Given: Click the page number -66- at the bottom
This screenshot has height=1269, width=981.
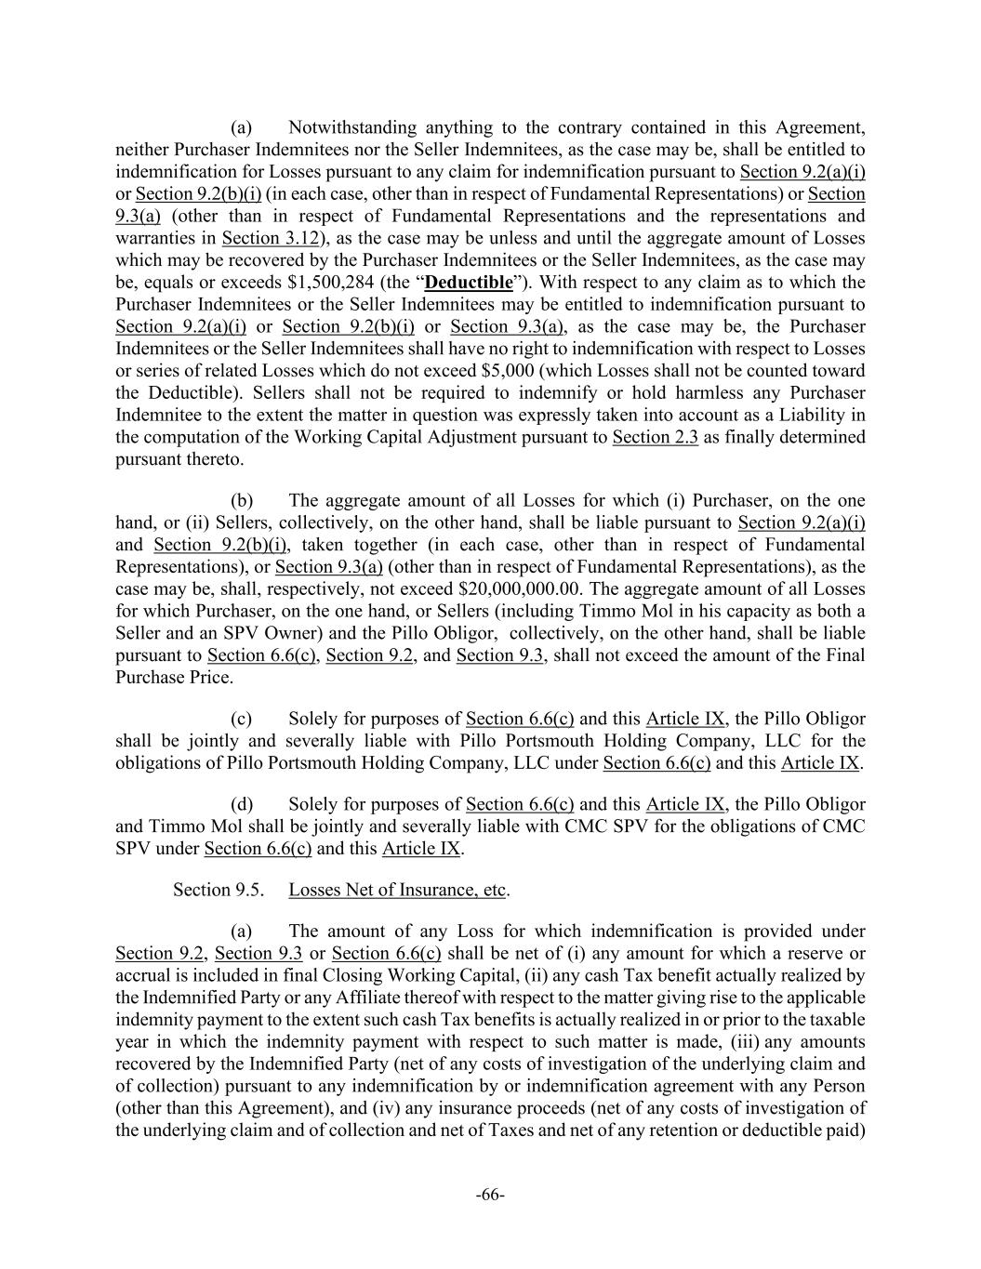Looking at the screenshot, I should [490, 1195].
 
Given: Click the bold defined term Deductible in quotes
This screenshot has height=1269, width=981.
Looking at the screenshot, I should [468, 282].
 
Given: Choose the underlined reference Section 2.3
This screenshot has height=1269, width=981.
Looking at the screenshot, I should [655, 437].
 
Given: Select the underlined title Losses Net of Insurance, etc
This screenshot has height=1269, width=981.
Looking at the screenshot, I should [398, 890].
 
